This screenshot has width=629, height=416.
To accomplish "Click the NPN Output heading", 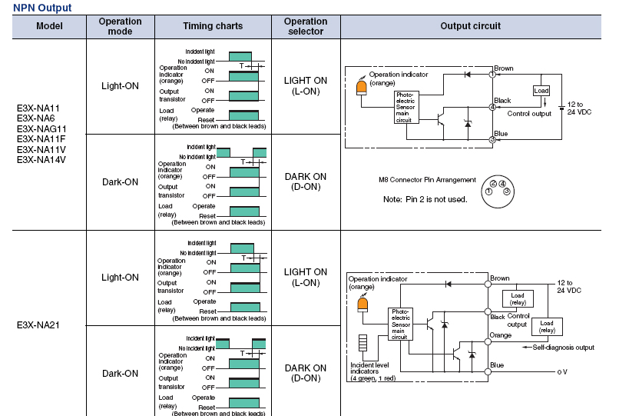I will [42, 8].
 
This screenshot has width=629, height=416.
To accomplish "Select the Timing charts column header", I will [213, 26].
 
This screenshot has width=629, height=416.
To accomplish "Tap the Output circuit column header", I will [470, 26].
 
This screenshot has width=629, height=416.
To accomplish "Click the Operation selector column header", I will [305, 26].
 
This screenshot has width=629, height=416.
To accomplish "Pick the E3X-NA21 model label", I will [38, 325].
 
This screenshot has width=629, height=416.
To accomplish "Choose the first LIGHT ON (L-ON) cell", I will [305, 85].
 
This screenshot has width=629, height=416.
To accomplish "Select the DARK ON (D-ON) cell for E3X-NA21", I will [305, 373].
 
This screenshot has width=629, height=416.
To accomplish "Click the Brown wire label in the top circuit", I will [504, 68].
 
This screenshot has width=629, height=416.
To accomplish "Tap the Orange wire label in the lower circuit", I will [501, 335].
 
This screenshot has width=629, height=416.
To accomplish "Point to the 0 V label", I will [562, 371].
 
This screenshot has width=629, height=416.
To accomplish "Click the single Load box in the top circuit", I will [541, 91].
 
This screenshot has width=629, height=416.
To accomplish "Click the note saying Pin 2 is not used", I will [425, 199].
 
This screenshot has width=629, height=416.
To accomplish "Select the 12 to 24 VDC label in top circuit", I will [580, 108].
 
